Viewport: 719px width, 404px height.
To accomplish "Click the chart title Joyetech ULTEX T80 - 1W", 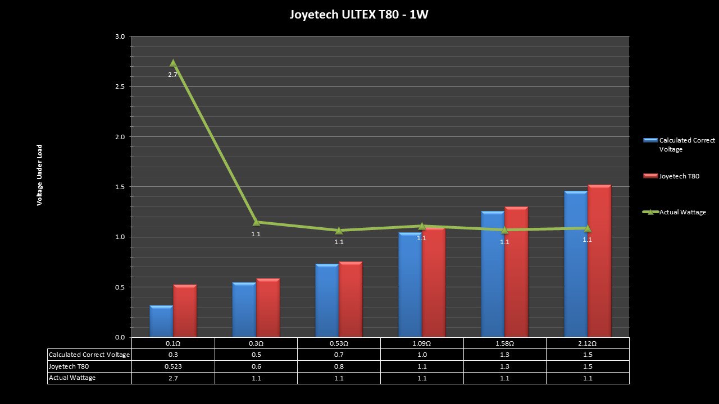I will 359,15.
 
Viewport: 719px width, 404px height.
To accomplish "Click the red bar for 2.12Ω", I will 599,261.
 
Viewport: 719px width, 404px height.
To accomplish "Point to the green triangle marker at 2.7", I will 173,63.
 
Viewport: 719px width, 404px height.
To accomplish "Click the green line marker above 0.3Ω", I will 256,223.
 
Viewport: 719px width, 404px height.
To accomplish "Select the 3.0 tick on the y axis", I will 120,36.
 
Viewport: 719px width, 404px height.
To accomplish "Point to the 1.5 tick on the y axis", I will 120,187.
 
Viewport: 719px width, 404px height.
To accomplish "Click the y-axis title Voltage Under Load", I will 40,175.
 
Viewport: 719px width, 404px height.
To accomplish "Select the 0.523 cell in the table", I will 173,366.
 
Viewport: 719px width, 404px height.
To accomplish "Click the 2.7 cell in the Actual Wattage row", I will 173,378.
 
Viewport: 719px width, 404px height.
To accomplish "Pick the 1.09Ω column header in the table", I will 422,343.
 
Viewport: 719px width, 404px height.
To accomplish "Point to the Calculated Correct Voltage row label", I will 89,355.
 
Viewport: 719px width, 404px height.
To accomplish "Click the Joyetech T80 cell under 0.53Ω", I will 339,366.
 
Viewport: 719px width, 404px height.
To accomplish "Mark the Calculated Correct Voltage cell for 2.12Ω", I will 588,355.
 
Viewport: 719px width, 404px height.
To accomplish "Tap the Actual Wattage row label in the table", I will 72,378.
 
